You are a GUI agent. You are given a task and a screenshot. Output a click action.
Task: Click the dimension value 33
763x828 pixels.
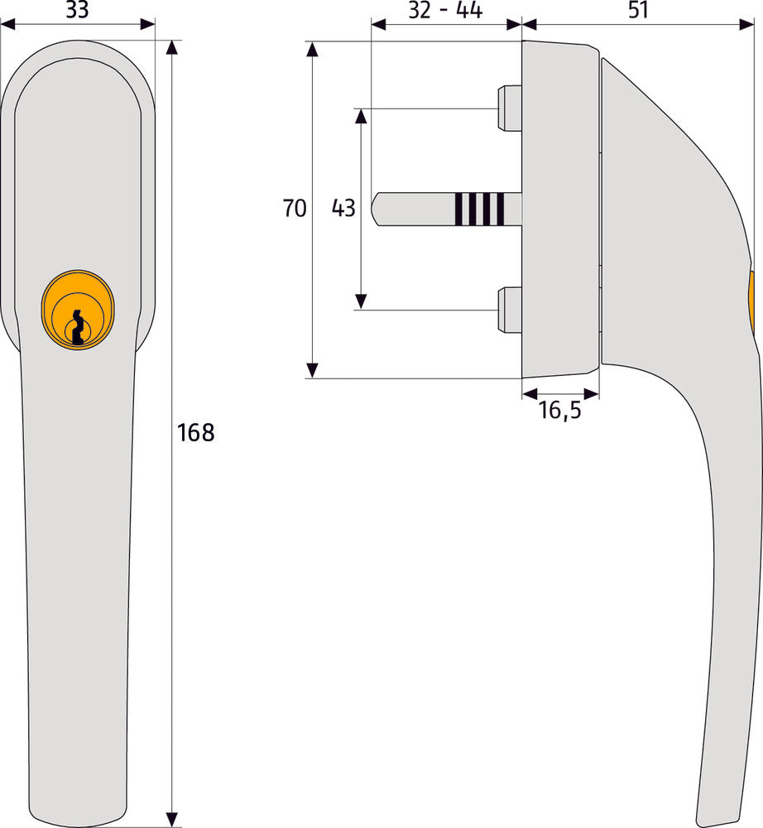pyautogui.click(x=77, y=10)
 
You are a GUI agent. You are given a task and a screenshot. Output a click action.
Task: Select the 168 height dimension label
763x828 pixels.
pyautogui.click(x=196, y=433)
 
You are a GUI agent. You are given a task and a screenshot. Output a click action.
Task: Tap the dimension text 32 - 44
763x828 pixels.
pyautogui.click(x=445, y=10)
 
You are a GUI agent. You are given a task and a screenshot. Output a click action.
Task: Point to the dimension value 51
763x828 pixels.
pyautogui.click(x=638, y=10)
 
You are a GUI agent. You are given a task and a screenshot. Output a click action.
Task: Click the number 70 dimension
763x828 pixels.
pyautogui.click(x=295, y=208)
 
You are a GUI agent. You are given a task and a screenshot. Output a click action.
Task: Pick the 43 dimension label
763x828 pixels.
pyautogui.click(x=343, y=208)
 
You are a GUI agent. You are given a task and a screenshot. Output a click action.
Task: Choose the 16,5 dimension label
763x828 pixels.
pyautogui.click(x=560, y=411)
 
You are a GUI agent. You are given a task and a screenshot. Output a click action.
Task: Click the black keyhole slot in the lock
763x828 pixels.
pyautogui.click(x=78, y=328)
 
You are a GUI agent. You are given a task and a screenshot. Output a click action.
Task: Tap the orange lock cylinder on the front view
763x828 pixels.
pyautogui.click(x=78, y=310)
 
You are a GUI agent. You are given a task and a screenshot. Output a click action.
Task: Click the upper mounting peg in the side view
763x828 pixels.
pyautogui.click(x=509, y=108)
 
